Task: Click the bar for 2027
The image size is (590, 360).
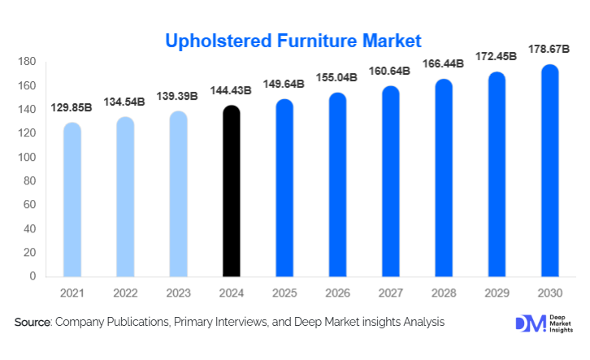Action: click(390, 182)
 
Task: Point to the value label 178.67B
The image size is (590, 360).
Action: click(549, 51)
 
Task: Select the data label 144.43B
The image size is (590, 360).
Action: click(230, 91)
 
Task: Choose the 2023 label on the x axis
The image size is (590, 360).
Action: click(178, 291)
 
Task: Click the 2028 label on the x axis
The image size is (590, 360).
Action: click(443, 291)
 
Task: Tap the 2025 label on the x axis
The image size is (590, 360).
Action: click(284, 291)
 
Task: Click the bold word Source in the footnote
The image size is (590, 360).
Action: click(33, 323)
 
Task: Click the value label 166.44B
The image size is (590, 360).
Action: click(443, 63)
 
